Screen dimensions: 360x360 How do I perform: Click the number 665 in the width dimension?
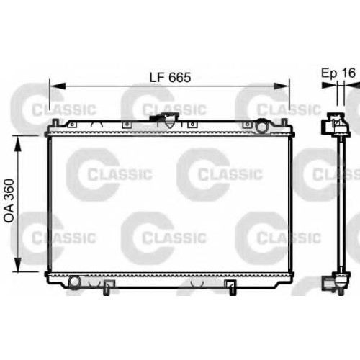[x=180, y=77]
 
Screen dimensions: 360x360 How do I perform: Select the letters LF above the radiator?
[x=158, y=77]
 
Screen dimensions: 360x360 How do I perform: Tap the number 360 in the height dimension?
[x=10, y=189]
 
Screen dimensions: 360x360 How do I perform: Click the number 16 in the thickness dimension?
[x=348, y=73]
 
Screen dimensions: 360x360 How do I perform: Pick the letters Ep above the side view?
[x=329, y=73]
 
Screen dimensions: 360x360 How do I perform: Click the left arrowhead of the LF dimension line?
[x=57, y=86]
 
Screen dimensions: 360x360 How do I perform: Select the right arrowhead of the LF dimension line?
[x=282, y=86]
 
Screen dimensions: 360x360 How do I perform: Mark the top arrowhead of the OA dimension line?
[x=18, y=143]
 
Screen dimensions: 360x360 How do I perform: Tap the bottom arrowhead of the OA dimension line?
[x=18, y=264]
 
